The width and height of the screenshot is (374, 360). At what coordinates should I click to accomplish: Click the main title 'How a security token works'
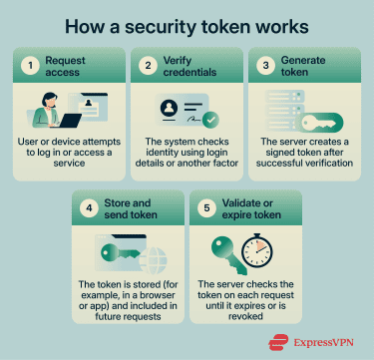187,23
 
